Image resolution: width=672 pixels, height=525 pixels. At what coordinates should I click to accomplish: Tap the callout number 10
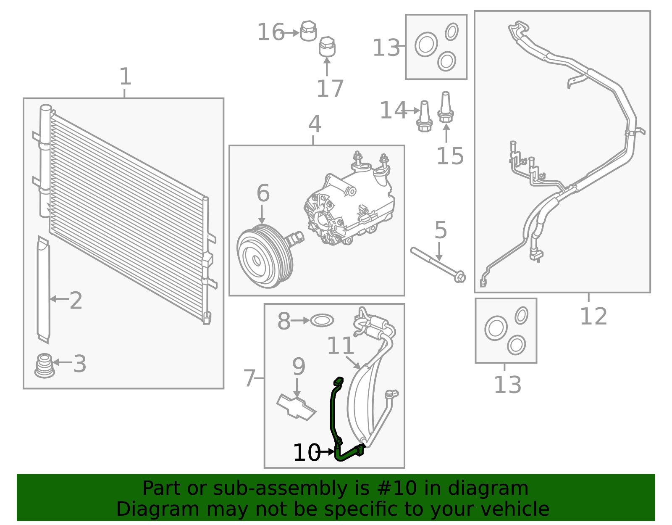(x=306, y=453)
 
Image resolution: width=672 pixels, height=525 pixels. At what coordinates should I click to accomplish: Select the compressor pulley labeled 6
(x=264, y=256)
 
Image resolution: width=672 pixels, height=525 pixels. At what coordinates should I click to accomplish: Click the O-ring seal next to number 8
(x=322, y=321)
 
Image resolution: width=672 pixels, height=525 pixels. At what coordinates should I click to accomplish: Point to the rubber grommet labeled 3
(x=45, y=365)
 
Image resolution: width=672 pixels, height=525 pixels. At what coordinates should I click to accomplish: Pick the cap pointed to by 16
(x=308, y=31)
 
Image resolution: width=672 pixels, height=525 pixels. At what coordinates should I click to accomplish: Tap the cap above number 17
(x=327, y=47)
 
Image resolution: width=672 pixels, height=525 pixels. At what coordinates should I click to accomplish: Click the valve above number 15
(x=446, y=107)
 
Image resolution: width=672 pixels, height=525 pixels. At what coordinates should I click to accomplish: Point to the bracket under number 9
(x=297, y=407)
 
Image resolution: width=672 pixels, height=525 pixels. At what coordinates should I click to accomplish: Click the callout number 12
(x=593, y=317)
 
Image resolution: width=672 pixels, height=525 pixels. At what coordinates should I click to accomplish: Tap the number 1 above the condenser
(x=125, y=77)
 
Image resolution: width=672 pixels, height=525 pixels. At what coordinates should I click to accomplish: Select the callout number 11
(x=340, y=346)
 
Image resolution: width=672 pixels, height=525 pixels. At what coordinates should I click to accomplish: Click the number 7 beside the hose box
(x=249, y=378)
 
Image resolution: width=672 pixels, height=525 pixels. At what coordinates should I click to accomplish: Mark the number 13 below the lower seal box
(x=507, y=385)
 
